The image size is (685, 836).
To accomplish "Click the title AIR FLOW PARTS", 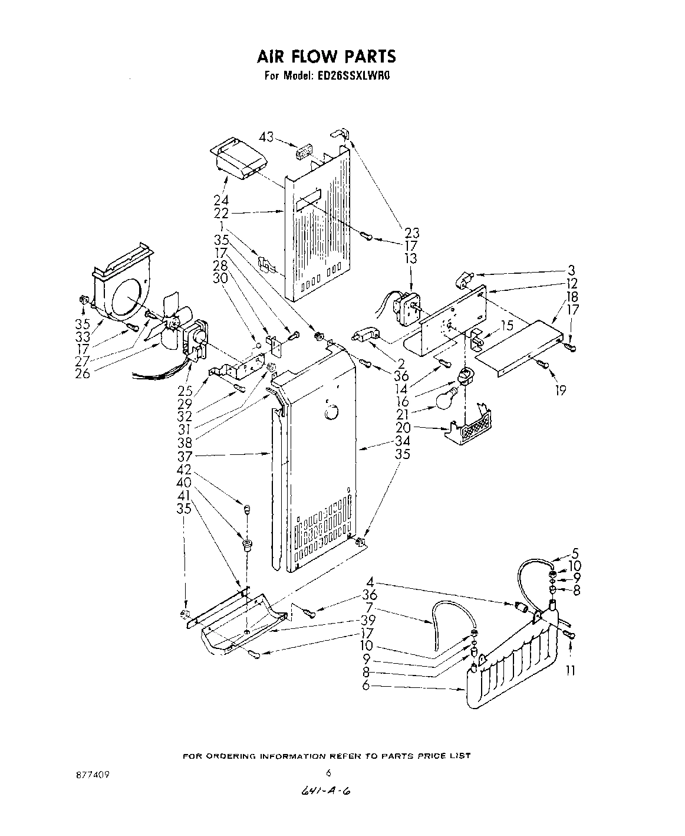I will pyautogui.click(x=325, y=56).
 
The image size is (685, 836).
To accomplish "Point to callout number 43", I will pyautogui.click(x=266, y=137).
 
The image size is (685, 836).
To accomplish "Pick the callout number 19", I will pyautogui.click(x=560, y=389).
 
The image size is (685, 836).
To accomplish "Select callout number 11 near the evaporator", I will pyautogui.click(x=570, y=670).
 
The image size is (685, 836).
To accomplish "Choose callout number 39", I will pyautogui.click(x=369, y=621).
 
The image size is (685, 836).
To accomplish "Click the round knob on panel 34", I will pyautogui.click(x=331, y=411).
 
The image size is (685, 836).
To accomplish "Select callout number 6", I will pyautogui.click(x=366, y=686).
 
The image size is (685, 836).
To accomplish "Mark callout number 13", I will pyautogui.click(x=410, y=258).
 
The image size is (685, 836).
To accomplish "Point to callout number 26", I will pyautogui.click(x=83, y=373).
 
